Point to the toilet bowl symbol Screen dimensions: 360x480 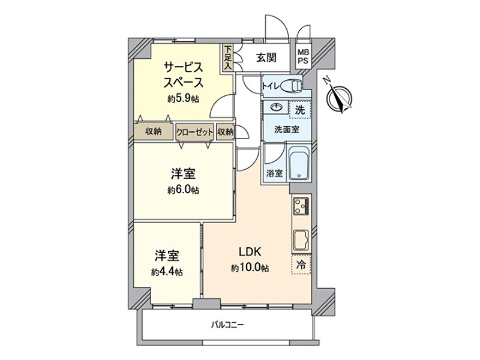(x=293, y=86)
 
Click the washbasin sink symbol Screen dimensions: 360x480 (x=277, y=109)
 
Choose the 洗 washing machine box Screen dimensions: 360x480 (x=300, y=110)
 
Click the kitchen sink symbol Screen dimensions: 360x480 (x=301, y=242)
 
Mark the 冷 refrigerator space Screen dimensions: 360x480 (x=301, y=265)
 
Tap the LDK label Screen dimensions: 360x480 (x=248, y=252)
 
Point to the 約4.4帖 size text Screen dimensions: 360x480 (x=167, y=271)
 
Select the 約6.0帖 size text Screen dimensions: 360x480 (x=184, y=190)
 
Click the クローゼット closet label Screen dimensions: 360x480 (x=195, y=132)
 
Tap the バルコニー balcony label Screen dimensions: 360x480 (x=227, y=325)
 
